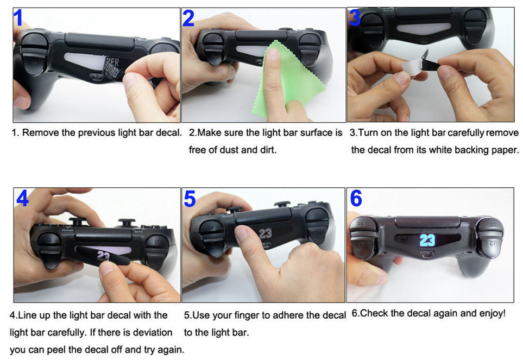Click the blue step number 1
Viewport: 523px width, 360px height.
(18, 18)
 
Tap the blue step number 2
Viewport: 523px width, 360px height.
(188, 18)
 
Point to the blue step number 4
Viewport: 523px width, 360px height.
(22, 199)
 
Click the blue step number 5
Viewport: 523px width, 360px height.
(190, 199)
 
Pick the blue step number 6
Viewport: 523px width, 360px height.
(356, 199)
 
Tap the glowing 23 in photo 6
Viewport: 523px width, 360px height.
(427, 241)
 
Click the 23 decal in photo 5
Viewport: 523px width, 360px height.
(265, 233)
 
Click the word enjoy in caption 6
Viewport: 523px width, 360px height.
(491, 313)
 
